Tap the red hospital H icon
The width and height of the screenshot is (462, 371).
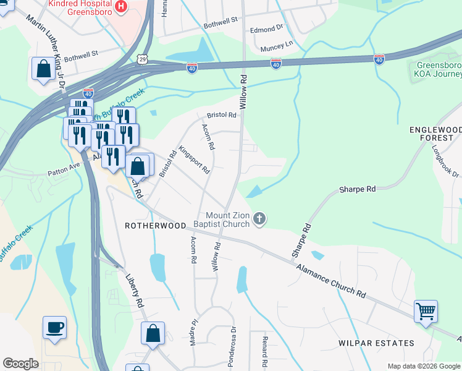point(121,6)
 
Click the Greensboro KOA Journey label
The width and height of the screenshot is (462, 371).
point(438,70)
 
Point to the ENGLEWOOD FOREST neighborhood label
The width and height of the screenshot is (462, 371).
point(435,134)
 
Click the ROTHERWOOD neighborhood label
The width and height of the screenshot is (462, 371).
point(155,226)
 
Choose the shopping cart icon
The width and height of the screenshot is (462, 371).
point(426,311)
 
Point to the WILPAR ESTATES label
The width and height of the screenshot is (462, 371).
point(376,343)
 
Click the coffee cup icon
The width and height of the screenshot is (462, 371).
point(54,326)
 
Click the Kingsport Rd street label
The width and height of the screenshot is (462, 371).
point(194,160)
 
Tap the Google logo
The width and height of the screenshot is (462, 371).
point(20,364)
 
